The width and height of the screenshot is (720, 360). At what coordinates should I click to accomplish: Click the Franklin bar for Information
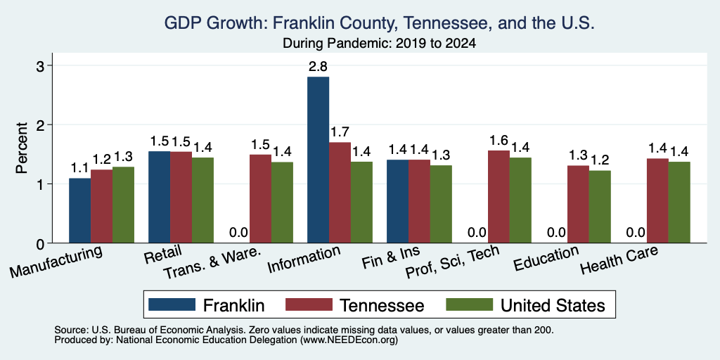pyautogui.click(x=319, y=160)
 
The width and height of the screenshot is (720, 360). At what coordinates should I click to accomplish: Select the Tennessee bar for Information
pyautogui.click(x=340, y=193)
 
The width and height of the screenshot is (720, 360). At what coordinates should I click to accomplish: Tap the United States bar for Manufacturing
pyautogui.click(x=124, y=205)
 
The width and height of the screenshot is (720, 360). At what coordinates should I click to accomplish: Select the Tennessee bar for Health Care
pyautogui.click(x=657, y=200)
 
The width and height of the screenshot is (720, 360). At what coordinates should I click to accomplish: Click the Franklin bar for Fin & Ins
pyautogui.click(x=398, y=201)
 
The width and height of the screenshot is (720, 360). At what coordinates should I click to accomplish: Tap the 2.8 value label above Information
pyautogui.click(x=318, y=67)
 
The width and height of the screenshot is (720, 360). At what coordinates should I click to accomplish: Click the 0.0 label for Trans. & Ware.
pyautogui.click(x=238, y=233)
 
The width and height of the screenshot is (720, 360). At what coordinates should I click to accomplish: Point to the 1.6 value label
pyautogui.click(x=499, y=141)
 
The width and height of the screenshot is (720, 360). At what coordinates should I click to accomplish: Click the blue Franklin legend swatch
pyautogui.click(x=172, y=304)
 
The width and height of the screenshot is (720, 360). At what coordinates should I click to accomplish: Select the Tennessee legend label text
pyautogui.click(x=382, y=305)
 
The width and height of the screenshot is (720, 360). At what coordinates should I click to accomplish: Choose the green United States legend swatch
pyautogui.click(x=469, y=304)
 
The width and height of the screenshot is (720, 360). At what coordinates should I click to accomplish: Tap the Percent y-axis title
pyautogui.click(x=22, y=148)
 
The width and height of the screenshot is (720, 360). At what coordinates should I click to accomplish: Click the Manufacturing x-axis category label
pyautogui.click(x=56, y=262)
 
